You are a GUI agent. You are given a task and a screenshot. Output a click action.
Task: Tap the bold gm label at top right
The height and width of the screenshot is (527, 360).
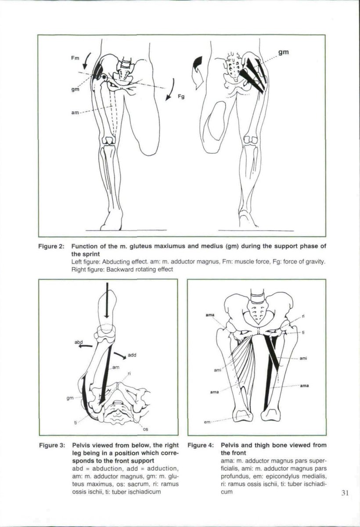point(283,52)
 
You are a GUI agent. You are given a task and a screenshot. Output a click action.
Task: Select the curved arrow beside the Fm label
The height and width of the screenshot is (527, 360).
point(87,58)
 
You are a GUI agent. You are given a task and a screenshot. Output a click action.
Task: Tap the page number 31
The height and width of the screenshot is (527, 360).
point(344,492)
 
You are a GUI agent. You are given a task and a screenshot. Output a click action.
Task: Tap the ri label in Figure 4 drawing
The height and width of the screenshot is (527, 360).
point(303,316)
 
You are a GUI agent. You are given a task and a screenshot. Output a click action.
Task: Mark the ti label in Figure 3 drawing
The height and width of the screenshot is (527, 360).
point(76,422)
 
